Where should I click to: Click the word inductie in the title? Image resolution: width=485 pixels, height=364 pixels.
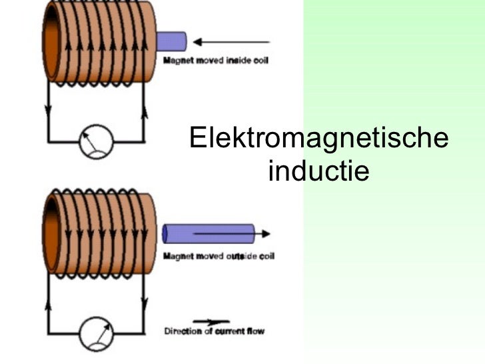click(318, 172)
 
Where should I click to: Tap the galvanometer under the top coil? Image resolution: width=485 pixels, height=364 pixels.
click(95, 141)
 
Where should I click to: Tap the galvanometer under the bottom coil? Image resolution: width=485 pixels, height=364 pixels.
click(95, 331)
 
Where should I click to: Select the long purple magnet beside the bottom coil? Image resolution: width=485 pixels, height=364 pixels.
click(209, 233)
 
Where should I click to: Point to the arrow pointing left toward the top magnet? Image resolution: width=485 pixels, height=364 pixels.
click(231, 42)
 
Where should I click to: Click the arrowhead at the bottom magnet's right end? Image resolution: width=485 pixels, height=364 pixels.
click(265, 233)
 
